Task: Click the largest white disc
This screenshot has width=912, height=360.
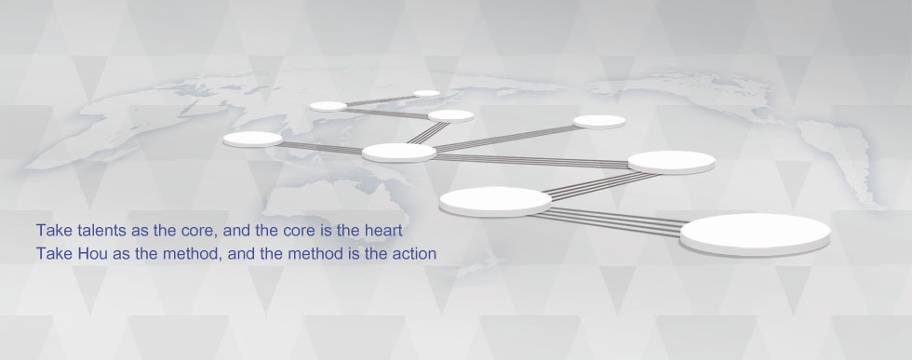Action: pyautogui.click(x=756, y=233)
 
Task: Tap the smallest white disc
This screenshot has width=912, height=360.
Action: pyautogui.click(x=427, y=93)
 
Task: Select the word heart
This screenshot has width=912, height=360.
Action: pyautogui.click(x=382, y=231)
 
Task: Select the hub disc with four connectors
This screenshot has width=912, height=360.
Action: pyautogui.click(x=399, y=153)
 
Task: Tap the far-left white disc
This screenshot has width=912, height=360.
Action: pyautogui.click(x=252, y=139)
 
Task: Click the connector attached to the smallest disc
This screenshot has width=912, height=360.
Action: pyautogui.click(x=380, y=100)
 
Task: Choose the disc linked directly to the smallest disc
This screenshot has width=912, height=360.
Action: pyautogui.click(x=328, y=106)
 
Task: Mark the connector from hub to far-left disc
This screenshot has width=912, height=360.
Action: pyautogui.click(x=322, y=148)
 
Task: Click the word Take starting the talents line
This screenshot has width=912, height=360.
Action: pyautogui.click(x=48, y=231)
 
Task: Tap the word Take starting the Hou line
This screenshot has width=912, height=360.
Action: pyautogui.click(x=48, y=254)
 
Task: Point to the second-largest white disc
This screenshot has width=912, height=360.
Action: pyautogui.click(x=495, y=201)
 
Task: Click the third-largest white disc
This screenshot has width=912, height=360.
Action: pyautogui.click(x=672, y=162)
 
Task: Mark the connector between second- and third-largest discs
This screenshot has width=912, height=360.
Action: pyautogui.click(x=603, y=185)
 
